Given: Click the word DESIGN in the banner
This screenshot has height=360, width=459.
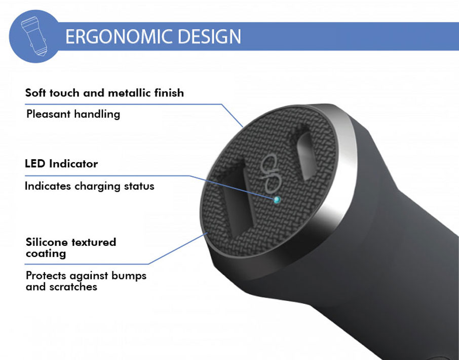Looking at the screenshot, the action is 209,37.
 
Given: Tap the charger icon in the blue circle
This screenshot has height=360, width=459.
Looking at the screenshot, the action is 33,35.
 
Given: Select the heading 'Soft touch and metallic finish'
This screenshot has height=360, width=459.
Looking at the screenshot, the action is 104,93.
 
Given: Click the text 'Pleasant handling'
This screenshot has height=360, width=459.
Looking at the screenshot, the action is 73,114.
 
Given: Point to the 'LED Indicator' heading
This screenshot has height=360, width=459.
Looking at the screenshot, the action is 61,163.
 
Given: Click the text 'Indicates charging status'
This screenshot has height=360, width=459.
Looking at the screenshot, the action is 90,186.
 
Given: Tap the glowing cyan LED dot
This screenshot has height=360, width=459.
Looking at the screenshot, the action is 277,200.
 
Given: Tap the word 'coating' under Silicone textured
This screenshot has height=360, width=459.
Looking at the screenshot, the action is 46,254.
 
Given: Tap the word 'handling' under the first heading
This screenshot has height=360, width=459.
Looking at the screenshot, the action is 97,114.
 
